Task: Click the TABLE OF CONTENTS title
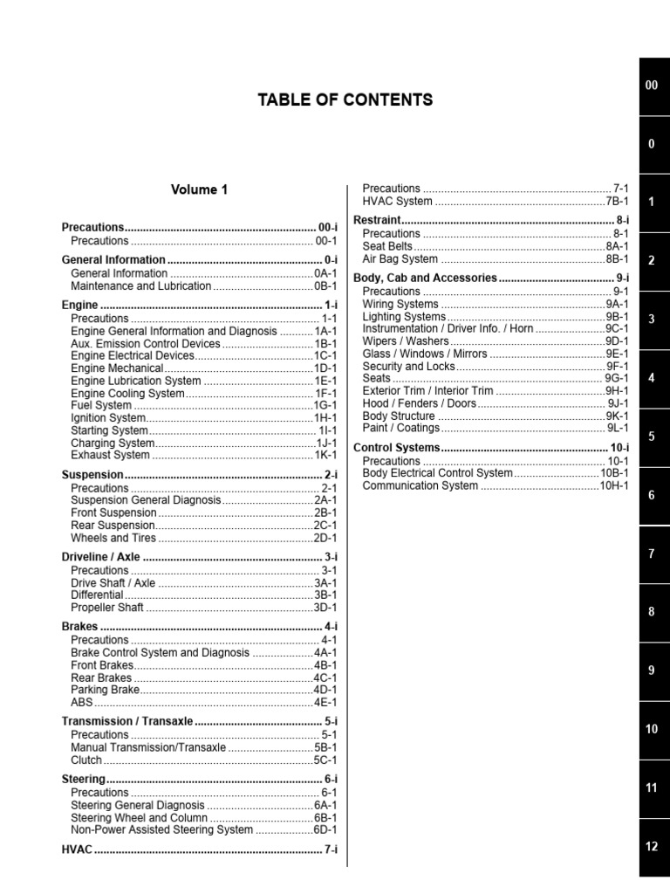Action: pyautogui.click(x=345, y=100)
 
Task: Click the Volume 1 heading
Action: pyautogui.click(x=199, y=189)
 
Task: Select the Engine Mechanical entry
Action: pyautogui.click(x=117, y=368)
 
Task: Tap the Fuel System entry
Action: pyautogui.click(x=101, y=405)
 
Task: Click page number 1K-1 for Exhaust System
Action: pyautogui.click(x=325, y=455)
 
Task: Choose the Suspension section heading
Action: pyautogui.click(x=92, y=475)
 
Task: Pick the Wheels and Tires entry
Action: pyautogui.click(x=113, y=538)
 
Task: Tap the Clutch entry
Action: pyautogui.click(x=87, y=760)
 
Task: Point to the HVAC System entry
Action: pyautogui.click(x=397, y=202)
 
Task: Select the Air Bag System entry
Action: pyautogui.click(x=400, y=259)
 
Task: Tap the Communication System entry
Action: pyautogui.click(x=420, y=485)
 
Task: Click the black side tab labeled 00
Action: pyautogui.click(x=652, y=85)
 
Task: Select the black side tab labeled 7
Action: pyautogui.click(x=652, y=554)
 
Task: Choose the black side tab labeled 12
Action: pyautogui.click(x=652, y=846)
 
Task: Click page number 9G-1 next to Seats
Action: pyautogui.click(x=616, y=379)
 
